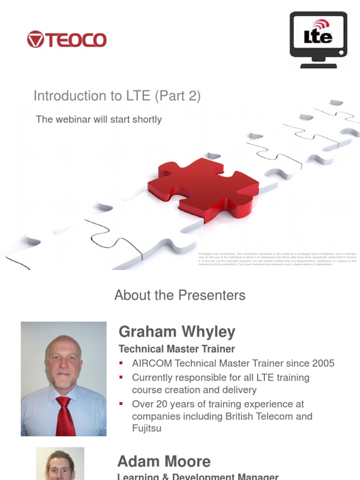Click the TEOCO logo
coord(67,39)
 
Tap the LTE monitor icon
coord(318,39)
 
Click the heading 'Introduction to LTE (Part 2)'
coord(117,96)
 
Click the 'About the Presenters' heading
coord(180,295)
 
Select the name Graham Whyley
coord(177,332)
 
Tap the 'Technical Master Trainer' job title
coord(177,349)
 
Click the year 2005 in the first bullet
coord(322,363)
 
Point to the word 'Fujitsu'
coord(146,428)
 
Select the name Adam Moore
coord(164,462)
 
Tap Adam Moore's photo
coord(60,464)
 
